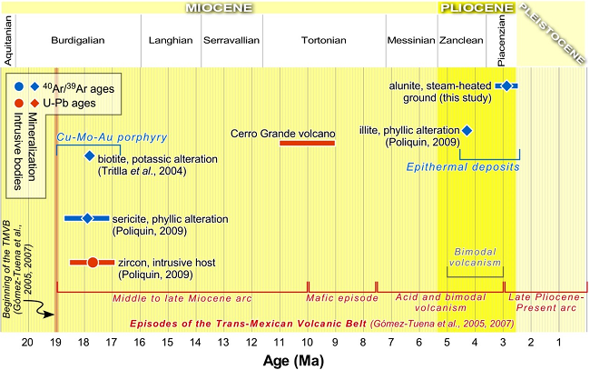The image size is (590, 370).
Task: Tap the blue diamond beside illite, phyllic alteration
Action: (467, 131)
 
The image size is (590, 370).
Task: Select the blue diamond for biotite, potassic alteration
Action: (89, 156)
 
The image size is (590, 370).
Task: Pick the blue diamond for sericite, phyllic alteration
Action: (88, 218)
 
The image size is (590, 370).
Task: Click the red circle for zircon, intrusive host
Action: (92, 263)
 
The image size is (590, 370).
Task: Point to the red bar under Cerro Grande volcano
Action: (307, 143)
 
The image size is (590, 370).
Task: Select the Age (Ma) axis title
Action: (295, 358)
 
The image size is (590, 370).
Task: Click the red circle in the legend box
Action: (19, 104)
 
